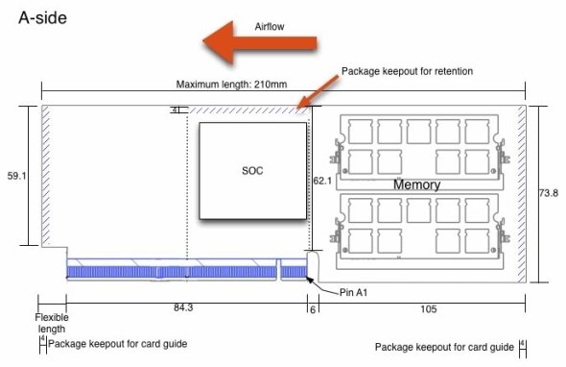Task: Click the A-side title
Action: click(42, 17)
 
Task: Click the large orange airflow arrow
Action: click(260, 42)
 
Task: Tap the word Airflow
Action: click(270, 26)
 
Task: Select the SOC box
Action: click(252, 171)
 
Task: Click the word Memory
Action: click(416, 184)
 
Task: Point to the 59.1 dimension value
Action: click(17, 176)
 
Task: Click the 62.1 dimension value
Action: click(322, 181)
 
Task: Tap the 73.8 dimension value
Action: click(549, 193)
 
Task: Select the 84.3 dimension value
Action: click(183, 307)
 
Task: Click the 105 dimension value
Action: click(429, 309)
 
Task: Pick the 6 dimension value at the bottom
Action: click(313, 310)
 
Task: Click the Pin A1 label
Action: click(353, 292)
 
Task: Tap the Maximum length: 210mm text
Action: click(231, 85)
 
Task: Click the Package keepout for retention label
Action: click(407, 71)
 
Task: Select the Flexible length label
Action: click(52, 323)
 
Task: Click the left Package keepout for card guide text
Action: click(118, 344)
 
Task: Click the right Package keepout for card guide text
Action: click(444, 347)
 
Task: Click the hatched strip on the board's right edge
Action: click(522, 194)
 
